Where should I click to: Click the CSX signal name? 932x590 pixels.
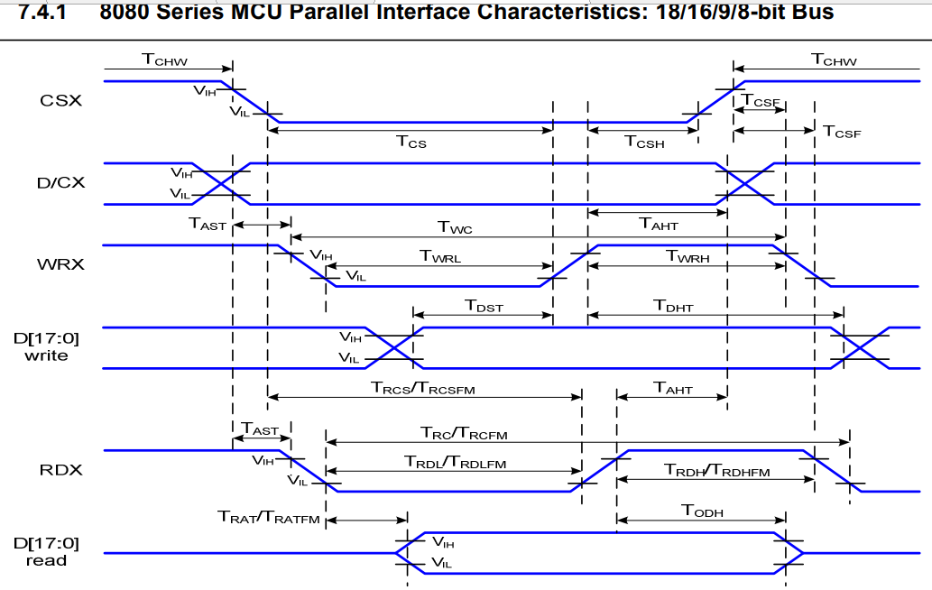click(x=61, y=100)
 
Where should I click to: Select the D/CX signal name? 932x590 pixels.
click(x=61, y=183)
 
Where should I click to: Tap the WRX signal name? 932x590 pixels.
click(x=61, y=265)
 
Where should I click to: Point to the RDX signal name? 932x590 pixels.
click(x=61, y=469)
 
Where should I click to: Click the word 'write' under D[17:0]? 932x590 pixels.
click(x=46, y=355)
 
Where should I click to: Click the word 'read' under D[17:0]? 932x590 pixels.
click(x=46, y=560)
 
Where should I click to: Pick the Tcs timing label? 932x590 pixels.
click(x=411, y=141)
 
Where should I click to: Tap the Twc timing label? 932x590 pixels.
click(x=456, y=228)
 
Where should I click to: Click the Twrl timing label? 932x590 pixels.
click(x=440, y=256)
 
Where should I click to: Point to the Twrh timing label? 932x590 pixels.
click(x=687, y=256)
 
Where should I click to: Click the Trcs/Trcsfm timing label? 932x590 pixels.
click(x=422, y=388)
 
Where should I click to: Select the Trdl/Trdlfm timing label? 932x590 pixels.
click(x=455, y=463)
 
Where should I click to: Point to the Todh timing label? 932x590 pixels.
click(x=702, y=512)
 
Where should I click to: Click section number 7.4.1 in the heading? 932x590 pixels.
click(x=42, y=12)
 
